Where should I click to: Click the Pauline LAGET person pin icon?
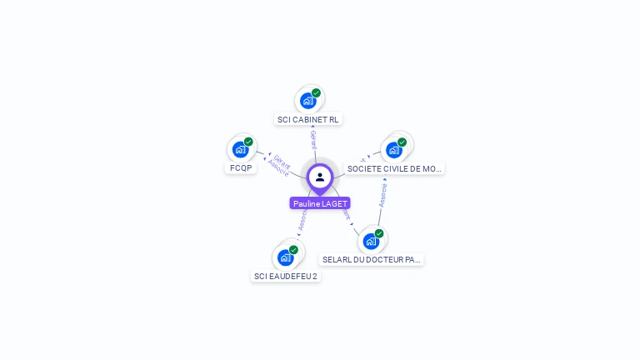[x=320, y=177]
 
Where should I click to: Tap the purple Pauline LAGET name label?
[x=320, y=203]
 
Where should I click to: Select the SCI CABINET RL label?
[x=308, y=119]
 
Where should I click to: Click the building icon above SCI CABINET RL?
[x=308, y=101]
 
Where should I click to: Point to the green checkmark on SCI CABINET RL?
[x=317, y=92]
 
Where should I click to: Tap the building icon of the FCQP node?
[x=241, y=149]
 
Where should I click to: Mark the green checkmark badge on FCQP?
[x=248, y=142]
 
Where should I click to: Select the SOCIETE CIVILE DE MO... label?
[x=394, y=168]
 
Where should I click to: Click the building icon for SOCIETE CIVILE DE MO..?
[x=394, y=150]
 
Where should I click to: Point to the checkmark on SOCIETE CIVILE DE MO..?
[x=402, y=142]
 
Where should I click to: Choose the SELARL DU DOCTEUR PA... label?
[x=372, y=259]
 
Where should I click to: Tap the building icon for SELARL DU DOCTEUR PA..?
[x=372, y=241]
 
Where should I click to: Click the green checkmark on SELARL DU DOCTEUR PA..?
[x=379, y=233]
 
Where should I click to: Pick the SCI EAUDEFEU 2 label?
[x=286, y=276]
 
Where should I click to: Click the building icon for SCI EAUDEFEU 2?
[x=286, y=257]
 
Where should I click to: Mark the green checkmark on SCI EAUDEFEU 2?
[x=293, y=250]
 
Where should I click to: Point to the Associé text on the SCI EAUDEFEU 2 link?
[x=302, y=219]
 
